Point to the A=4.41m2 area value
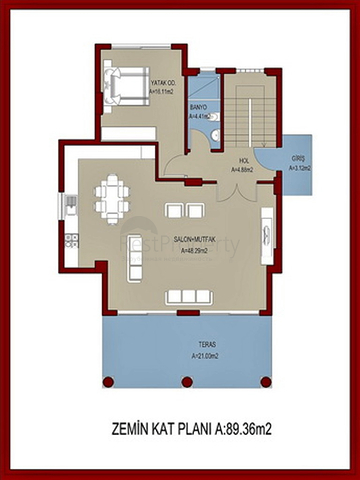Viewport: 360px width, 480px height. click(x=200, y=117)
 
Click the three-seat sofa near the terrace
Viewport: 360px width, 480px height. click(x=185, y=294)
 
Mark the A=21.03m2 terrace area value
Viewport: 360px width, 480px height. click(x=183, y=355)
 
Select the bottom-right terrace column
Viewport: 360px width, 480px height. click(x=266, y=379)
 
